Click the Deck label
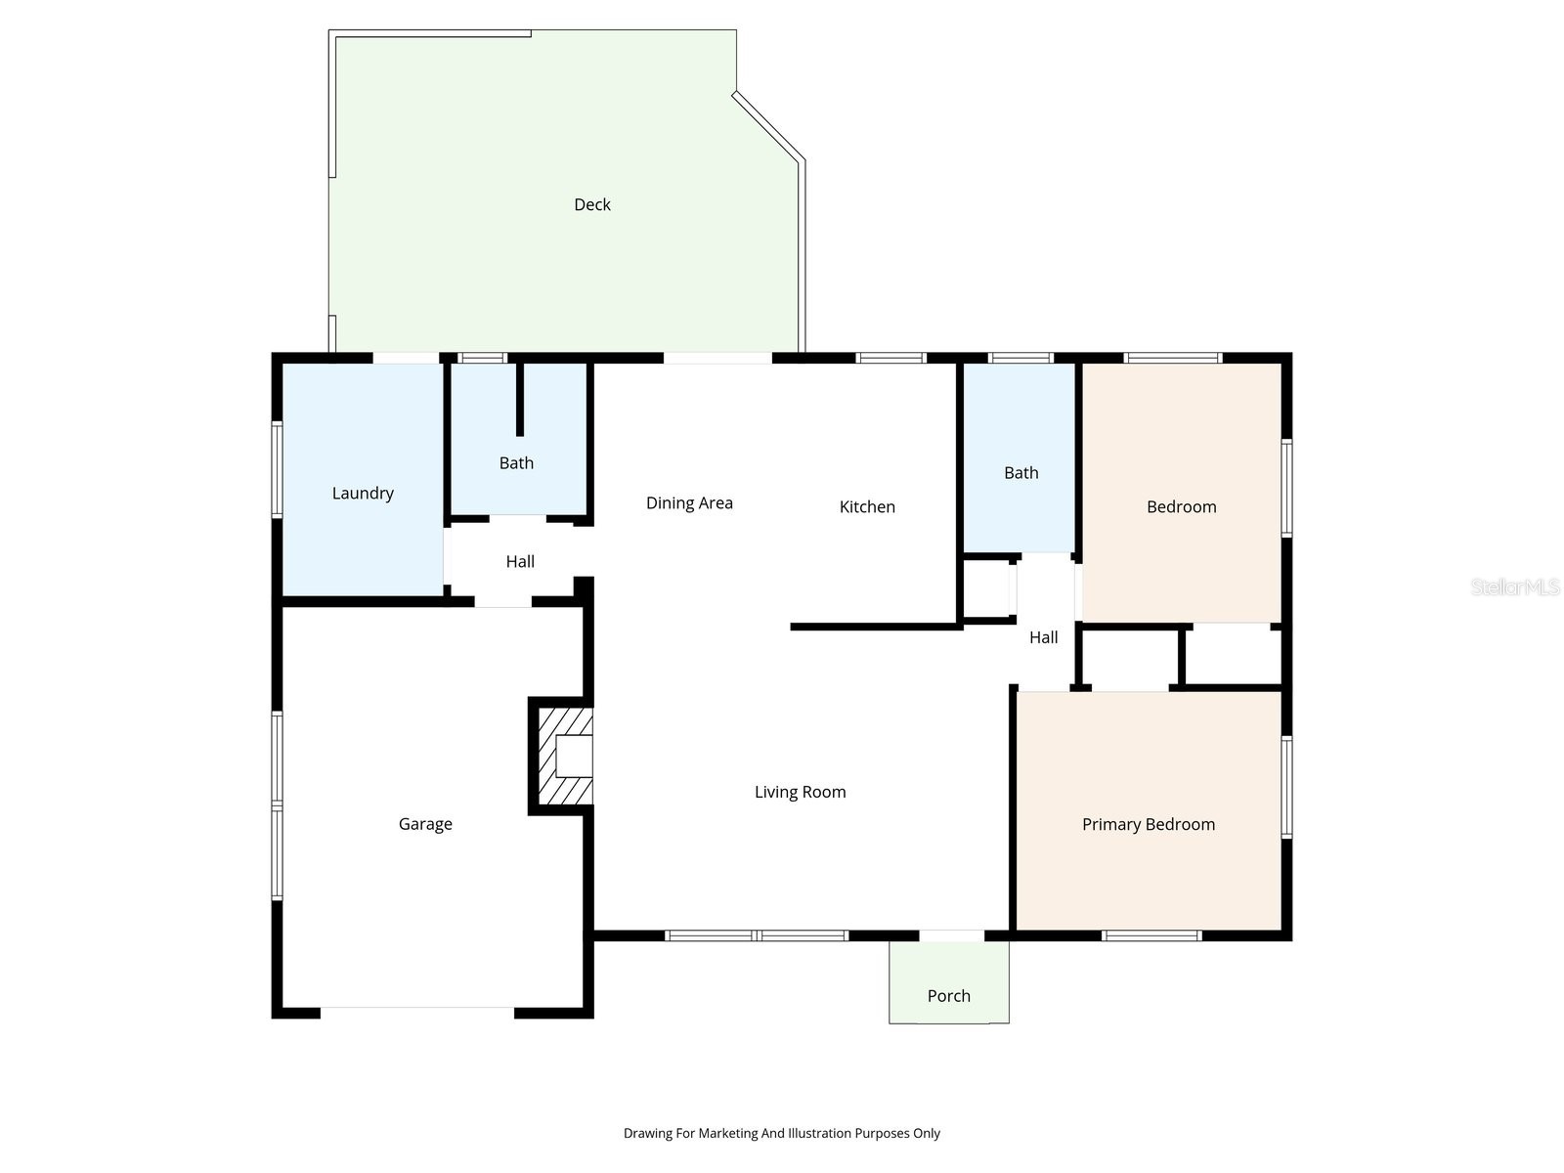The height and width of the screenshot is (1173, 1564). point(591,204)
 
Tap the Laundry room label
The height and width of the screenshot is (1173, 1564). point(363,494)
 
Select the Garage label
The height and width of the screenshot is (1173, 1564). point(425,824)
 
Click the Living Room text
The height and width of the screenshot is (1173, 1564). point(800,792)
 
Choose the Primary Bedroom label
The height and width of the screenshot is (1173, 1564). point(1148,824)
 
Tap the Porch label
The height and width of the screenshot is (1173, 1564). point(948,996)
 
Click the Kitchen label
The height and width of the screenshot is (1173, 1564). point(867,506)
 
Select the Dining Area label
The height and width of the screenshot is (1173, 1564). point(689,503)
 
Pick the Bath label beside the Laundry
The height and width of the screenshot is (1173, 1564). point(516,463)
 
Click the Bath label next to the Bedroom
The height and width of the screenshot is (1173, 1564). point(1021,473)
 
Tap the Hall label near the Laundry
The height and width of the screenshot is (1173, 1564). point(520,562)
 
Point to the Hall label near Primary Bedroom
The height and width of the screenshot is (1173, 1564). point(1043,637)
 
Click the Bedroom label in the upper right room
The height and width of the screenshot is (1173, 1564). point(1181,506)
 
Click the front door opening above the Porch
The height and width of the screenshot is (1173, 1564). point(951,935)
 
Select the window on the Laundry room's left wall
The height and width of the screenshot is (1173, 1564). point(277,468)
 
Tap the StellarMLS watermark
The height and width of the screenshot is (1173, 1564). point(1514,587)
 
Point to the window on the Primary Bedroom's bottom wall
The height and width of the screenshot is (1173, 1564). point(1151,935)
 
